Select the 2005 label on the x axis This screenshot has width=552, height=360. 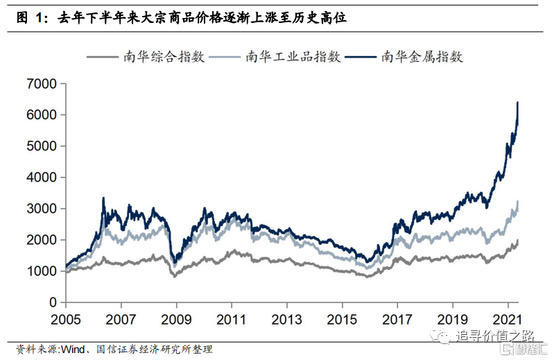pos(65,320)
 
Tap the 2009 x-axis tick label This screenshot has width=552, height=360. pos(176,320)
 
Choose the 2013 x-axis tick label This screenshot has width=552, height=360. pos(286,320)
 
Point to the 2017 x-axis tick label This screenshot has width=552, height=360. pos(397,320)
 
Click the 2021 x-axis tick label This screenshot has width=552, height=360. pos(507,320)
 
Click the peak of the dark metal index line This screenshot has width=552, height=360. pos(517,103)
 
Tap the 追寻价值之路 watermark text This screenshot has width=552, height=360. pos(488,337)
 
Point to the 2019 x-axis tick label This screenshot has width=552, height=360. pos(452,320)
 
